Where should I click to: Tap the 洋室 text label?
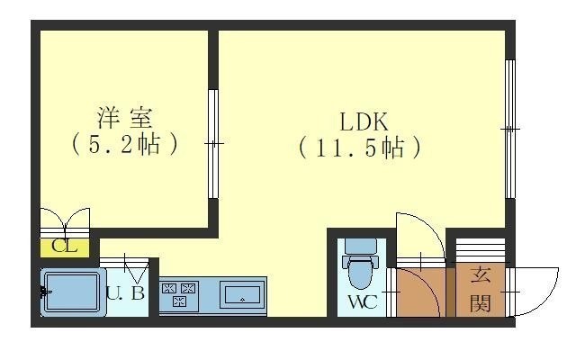coord(125,118)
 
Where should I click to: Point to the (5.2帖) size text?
coord(125,144)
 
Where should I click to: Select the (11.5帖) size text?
coord(359,147)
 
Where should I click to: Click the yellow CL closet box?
coord(64,246)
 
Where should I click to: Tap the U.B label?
coord(125,292)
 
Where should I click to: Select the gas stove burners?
coord(178,294)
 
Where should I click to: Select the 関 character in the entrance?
coord(480,301)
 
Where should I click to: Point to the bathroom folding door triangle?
coord(135,269)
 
